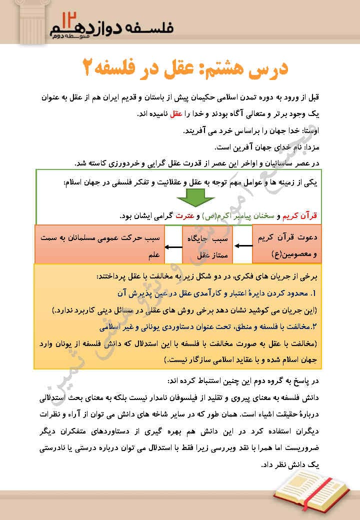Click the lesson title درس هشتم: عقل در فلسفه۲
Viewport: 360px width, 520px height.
pyautogui.click(x=185, y=68)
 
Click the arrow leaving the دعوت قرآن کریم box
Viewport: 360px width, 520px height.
pyautogui.click(x=243, y=246)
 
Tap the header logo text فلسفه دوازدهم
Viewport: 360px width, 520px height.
pyautogui.click(x=120, y=28)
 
